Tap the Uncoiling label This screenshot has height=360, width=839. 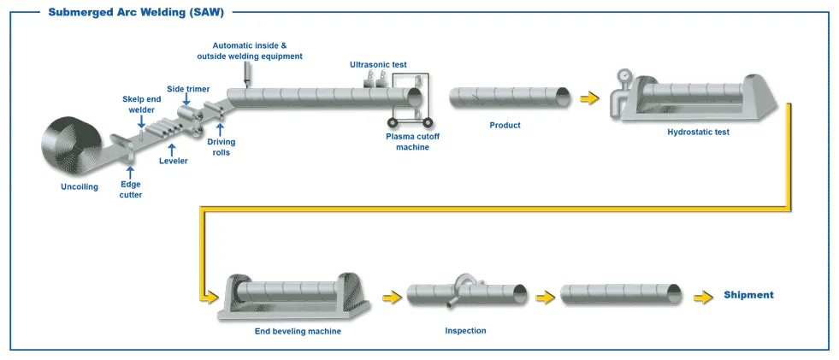(x=80, y=186)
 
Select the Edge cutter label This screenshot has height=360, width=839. (x=131, y=189)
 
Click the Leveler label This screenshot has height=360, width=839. (x=173, y=160)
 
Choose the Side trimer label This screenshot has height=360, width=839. (x=187, y=88)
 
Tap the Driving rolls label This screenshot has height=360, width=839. (x=222, y=147)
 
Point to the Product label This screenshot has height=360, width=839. (x=505, y=126)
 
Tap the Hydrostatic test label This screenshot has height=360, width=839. (x=698, y=133)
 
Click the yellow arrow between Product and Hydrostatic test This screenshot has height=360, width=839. (x=589, y=98)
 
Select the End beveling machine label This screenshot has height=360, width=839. (x=298, y=331)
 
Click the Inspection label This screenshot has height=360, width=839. (x=466, y=330)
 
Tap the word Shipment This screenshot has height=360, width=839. (x=748, y=295)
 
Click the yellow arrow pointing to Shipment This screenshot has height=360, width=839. (x=703, y=297)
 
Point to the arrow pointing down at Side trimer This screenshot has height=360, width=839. (x=187, y=101)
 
